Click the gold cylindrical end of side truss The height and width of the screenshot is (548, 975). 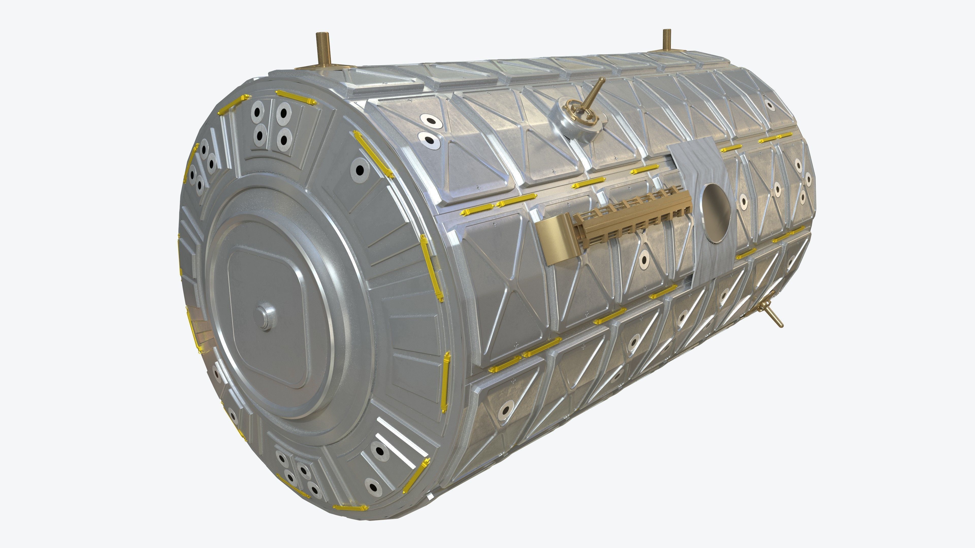point(551,238)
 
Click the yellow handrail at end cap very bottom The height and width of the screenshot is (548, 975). point(350,507)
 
